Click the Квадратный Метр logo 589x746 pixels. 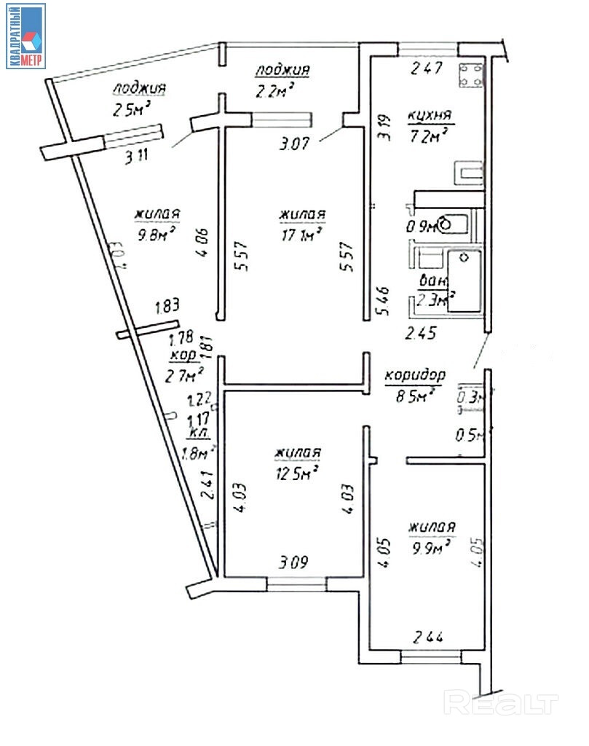point(26,36)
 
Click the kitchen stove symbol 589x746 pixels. point(470,75)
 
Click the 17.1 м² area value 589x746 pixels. point(301,235)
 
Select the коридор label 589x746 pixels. point(414,376)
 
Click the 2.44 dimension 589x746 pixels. point(429,636)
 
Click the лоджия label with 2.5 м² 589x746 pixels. point(139,88)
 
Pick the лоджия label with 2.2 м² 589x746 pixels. point(282,71)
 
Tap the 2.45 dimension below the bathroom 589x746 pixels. point(421,334)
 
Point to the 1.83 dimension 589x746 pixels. point(167,307)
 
